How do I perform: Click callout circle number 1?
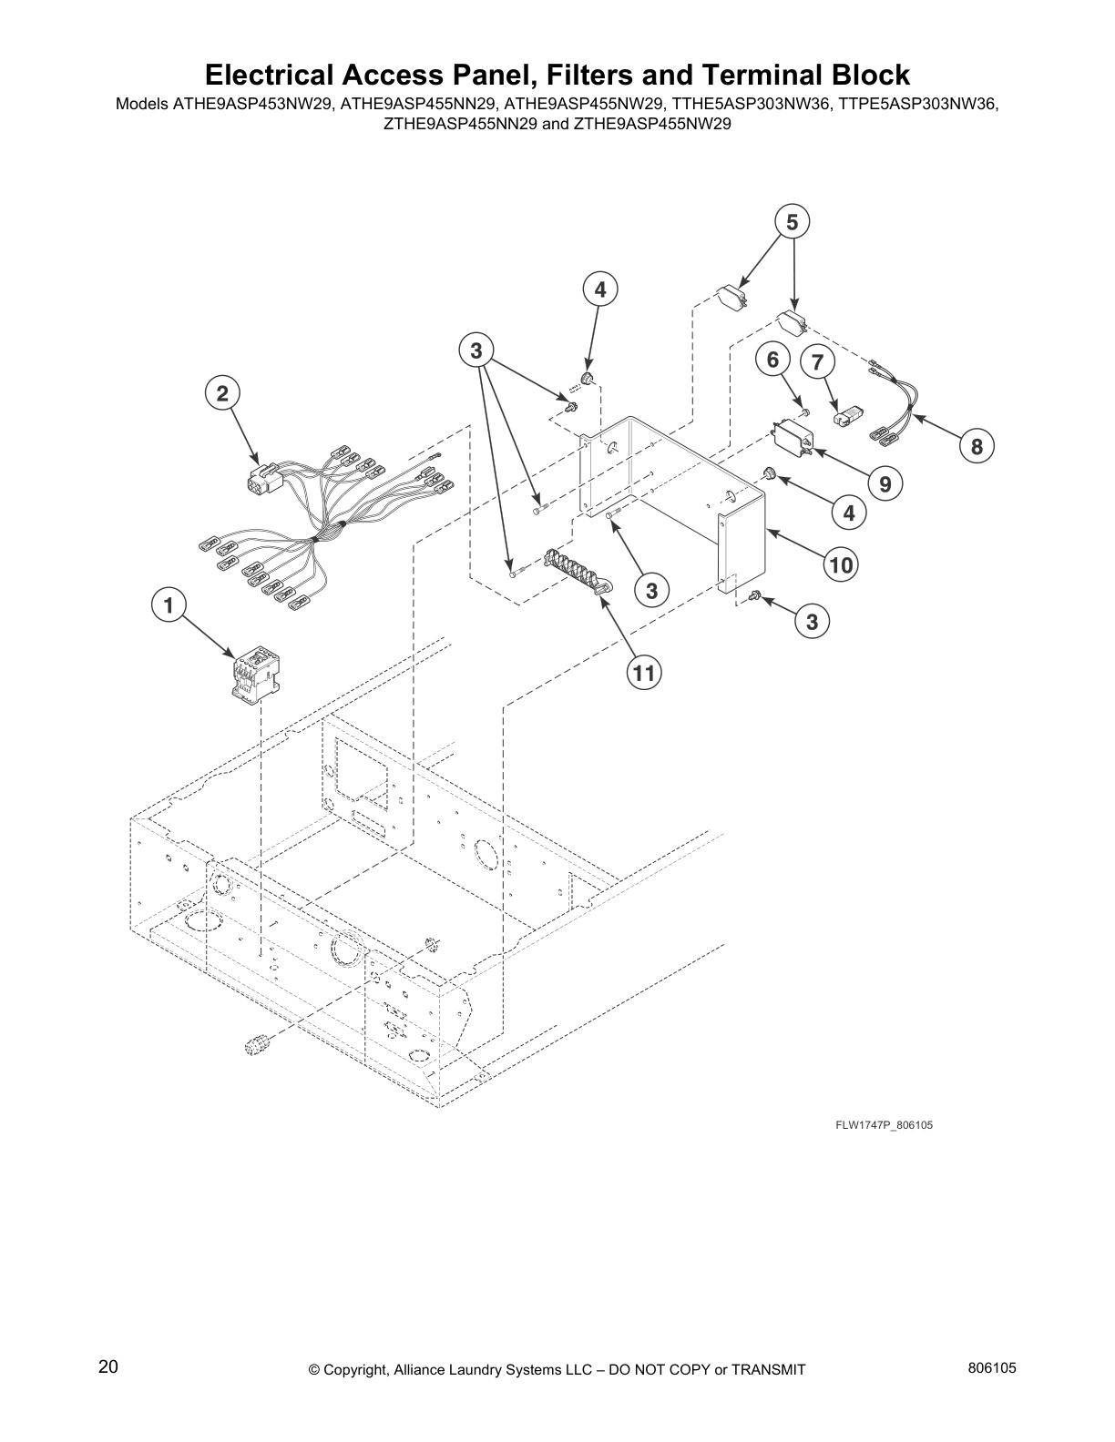click(168, 604)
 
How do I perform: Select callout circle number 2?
click(221, 393)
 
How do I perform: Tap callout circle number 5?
click(792, 221)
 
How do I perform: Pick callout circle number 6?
click(772, 360)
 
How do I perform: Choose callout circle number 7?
click(817, 362)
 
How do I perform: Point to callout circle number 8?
click(977, 446)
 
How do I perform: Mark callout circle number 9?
click(885, 483)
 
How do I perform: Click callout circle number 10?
click(840, 565)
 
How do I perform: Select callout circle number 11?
click(644, 673)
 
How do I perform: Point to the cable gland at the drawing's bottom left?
click(255, 1043)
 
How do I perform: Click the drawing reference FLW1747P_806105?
click(884, 1125)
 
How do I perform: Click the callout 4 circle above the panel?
click(599, 290)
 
